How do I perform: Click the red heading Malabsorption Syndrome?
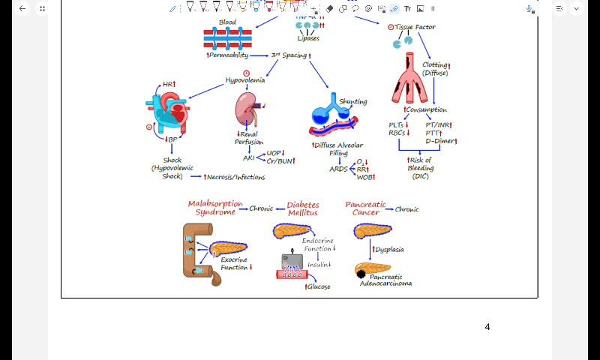tap(215, 208)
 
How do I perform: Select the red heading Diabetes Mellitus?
tap(303, 208)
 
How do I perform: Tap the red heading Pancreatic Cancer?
tap(365, 208)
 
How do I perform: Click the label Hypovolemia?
tap(245, 80)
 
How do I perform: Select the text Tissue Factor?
tap(415, 27)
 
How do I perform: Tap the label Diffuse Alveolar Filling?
tap(337, 148)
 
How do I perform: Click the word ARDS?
tap(339, 169)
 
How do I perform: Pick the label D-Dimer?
tap(440, 141)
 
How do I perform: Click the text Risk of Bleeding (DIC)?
tap(421, 168)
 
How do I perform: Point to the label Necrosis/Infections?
tap(235, 177)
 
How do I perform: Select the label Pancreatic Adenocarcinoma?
tap(385, 280)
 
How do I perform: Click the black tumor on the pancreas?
tap(361, 274)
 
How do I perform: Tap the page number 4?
tap(487, 327)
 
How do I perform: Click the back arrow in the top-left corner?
tap(22, 8)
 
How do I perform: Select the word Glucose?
tap(318, 286)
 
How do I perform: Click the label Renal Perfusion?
tap(248, 138)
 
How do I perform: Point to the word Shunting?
tap(353, 101)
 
